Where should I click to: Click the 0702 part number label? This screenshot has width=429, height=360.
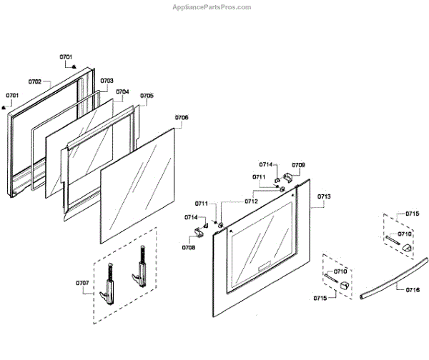coord(35,81)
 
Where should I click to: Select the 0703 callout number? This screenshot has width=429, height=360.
coord(106,81)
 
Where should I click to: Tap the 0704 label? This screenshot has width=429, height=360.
coord(122,91)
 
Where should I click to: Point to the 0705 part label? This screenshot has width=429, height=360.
coord(146,95)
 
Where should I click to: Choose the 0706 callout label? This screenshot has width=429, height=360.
coord(182,116)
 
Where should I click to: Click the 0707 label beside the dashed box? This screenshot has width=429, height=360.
coord(83,283)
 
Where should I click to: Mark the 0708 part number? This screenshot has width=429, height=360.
coord(189,247)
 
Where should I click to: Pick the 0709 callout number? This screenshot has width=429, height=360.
coord(298,165)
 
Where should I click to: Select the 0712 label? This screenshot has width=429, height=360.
coord(251,201)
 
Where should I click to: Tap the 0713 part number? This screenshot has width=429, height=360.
coord(323,196)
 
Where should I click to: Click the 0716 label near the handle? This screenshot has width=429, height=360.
coord(412,290)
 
